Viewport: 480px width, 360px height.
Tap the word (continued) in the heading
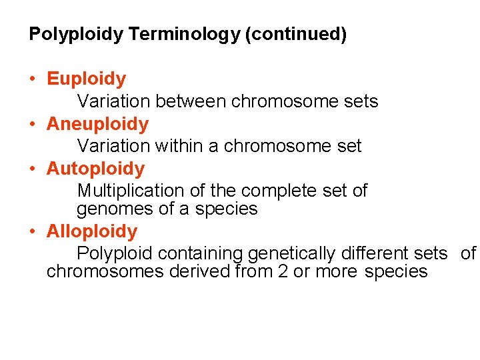tap(296, 35)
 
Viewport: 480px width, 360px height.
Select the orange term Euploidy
tap(86, 79)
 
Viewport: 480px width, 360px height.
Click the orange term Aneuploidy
tap(97, 125)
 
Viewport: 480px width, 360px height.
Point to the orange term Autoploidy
tap(95, 169)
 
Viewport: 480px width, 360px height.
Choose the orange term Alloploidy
tap(92, 232)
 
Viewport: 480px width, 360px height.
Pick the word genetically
tap(291, 254)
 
